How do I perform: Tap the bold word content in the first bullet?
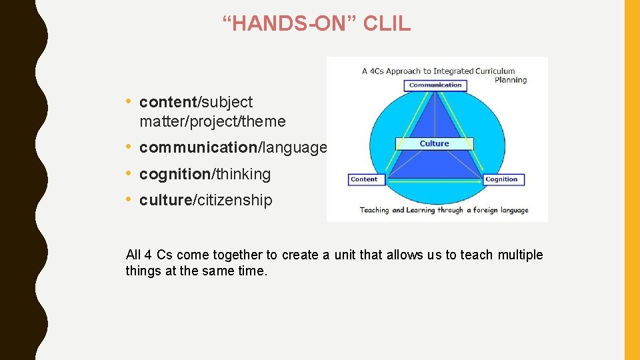click(x=168, y=102)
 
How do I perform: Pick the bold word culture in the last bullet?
click(x=165, y=200)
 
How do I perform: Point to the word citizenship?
click(x=234, y=200)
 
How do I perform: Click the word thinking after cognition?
click(x=243, y=174)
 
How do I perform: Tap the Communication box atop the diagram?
click(x=435, y=85)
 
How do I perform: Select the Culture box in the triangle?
click(x=435, y=143)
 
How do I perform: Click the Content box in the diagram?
click(x=364, y=179)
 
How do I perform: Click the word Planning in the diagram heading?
click(x=511, y=80)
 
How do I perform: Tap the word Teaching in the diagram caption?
click(x=374, y=210)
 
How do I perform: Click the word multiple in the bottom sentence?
click(x=521, y=255)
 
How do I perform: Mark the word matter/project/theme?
click(x=212, y=121)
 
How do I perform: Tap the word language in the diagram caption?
click(x=507, y=210)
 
